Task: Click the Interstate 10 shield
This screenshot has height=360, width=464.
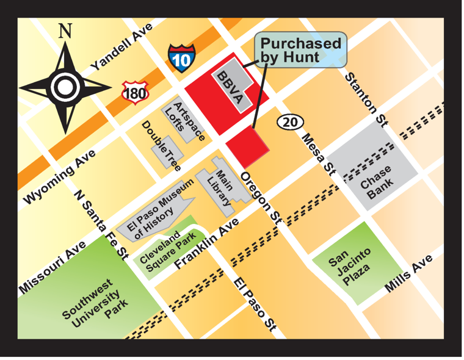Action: click(181, 57)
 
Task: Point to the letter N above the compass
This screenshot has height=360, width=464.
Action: click(65, 31)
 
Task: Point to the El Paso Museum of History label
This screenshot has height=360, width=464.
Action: click(159, 209)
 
